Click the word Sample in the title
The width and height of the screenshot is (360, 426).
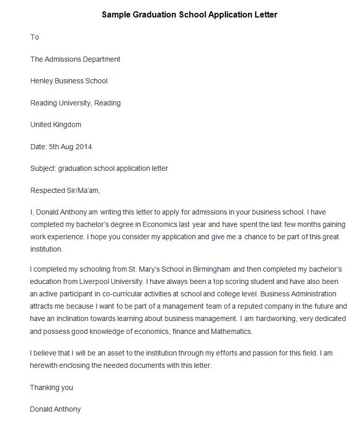tap(116, 15)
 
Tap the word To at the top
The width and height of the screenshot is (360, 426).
tap(34, 37)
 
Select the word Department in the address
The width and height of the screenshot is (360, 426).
tap(102, 59)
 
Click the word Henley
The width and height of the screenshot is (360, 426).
tap(41, 81)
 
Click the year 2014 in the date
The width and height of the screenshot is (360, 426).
tap(83, 147)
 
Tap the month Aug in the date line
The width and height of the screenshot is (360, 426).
tap(67, 147)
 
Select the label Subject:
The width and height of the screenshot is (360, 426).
tap(43, 168)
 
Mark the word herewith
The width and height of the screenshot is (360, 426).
tap(46, 366)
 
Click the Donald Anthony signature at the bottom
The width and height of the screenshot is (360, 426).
tap(55, 410)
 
